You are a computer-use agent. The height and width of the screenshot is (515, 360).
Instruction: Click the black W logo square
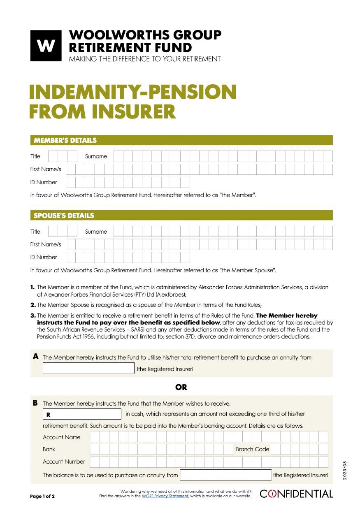tap(46, 46)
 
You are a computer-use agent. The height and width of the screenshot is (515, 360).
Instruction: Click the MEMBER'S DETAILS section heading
tap(65, 140)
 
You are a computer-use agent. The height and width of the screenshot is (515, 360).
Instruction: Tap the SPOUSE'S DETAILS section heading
tap(64, 216)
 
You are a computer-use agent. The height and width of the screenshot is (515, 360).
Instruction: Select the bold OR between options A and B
tap(181, 387)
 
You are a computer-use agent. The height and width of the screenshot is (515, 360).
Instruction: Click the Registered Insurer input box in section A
tap(88, 368)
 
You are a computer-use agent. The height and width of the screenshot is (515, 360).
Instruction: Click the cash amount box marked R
tap(82, 414)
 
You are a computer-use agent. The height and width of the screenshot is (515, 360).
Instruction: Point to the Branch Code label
tap(252, 449)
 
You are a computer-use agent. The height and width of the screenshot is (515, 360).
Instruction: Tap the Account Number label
tap(64, 462)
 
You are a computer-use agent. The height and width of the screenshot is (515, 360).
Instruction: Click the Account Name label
tap(62, 437)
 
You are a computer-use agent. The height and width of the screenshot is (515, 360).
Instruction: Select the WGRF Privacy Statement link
tap(165, 496)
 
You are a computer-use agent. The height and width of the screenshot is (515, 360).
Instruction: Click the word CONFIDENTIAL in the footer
tap(296, 494)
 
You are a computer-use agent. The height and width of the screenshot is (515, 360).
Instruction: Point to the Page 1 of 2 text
tap(42, 496)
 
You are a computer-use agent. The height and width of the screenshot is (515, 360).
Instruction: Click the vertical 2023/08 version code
tap(346, 469)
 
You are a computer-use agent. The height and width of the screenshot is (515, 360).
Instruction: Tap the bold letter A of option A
tap(36, 357)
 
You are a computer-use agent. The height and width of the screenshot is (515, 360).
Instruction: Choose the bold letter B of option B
tap(36, 403)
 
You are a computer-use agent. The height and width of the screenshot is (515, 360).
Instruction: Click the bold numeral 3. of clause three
tap(33, 316)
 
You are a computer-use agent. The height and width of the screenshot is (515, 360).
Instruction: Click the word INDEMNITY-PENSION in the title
tap(132, 92)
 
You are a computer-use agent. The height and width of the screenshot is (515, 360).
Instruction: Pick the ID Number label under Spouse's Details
tap(44, 257)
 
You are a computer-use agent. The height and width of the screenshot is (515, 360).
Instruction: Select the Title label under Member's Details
tap(35, 156)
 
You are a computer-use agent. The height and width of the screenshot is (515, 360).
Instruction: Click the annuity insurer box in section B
tap(226, 475)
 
